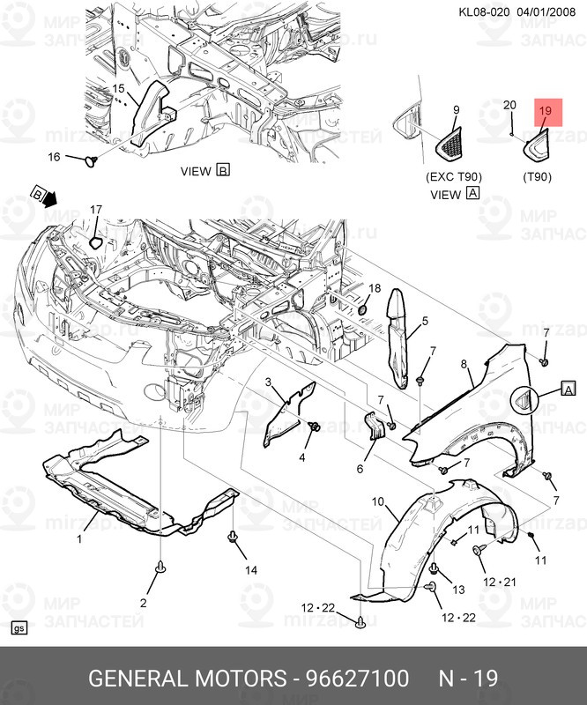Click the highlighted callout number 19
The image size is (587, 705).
point(544,111)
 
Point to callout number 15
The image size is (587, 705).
point(118,89)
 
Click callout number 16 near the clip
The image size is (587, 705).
point(54,157)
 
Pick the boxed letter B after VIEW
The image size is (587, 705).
point(222,171)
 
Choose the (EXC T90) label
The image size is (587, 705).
point(454,177)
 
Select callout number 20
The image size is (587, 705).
point(509,106)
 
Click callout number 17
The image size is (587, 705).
point(96,210)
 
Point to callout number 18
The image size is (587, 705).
point(374,288)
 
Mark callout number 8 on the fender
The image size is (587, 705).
point(463,364)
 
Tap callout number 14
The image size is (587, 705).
point(251,570)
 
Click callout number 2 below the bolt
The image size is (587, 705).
point(143,603)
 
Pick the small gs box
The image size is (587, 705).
point(19,628)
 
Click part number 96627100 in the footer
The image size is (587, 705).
point(356,679)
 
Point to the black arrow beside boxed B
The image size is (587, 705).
point(50,198)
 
